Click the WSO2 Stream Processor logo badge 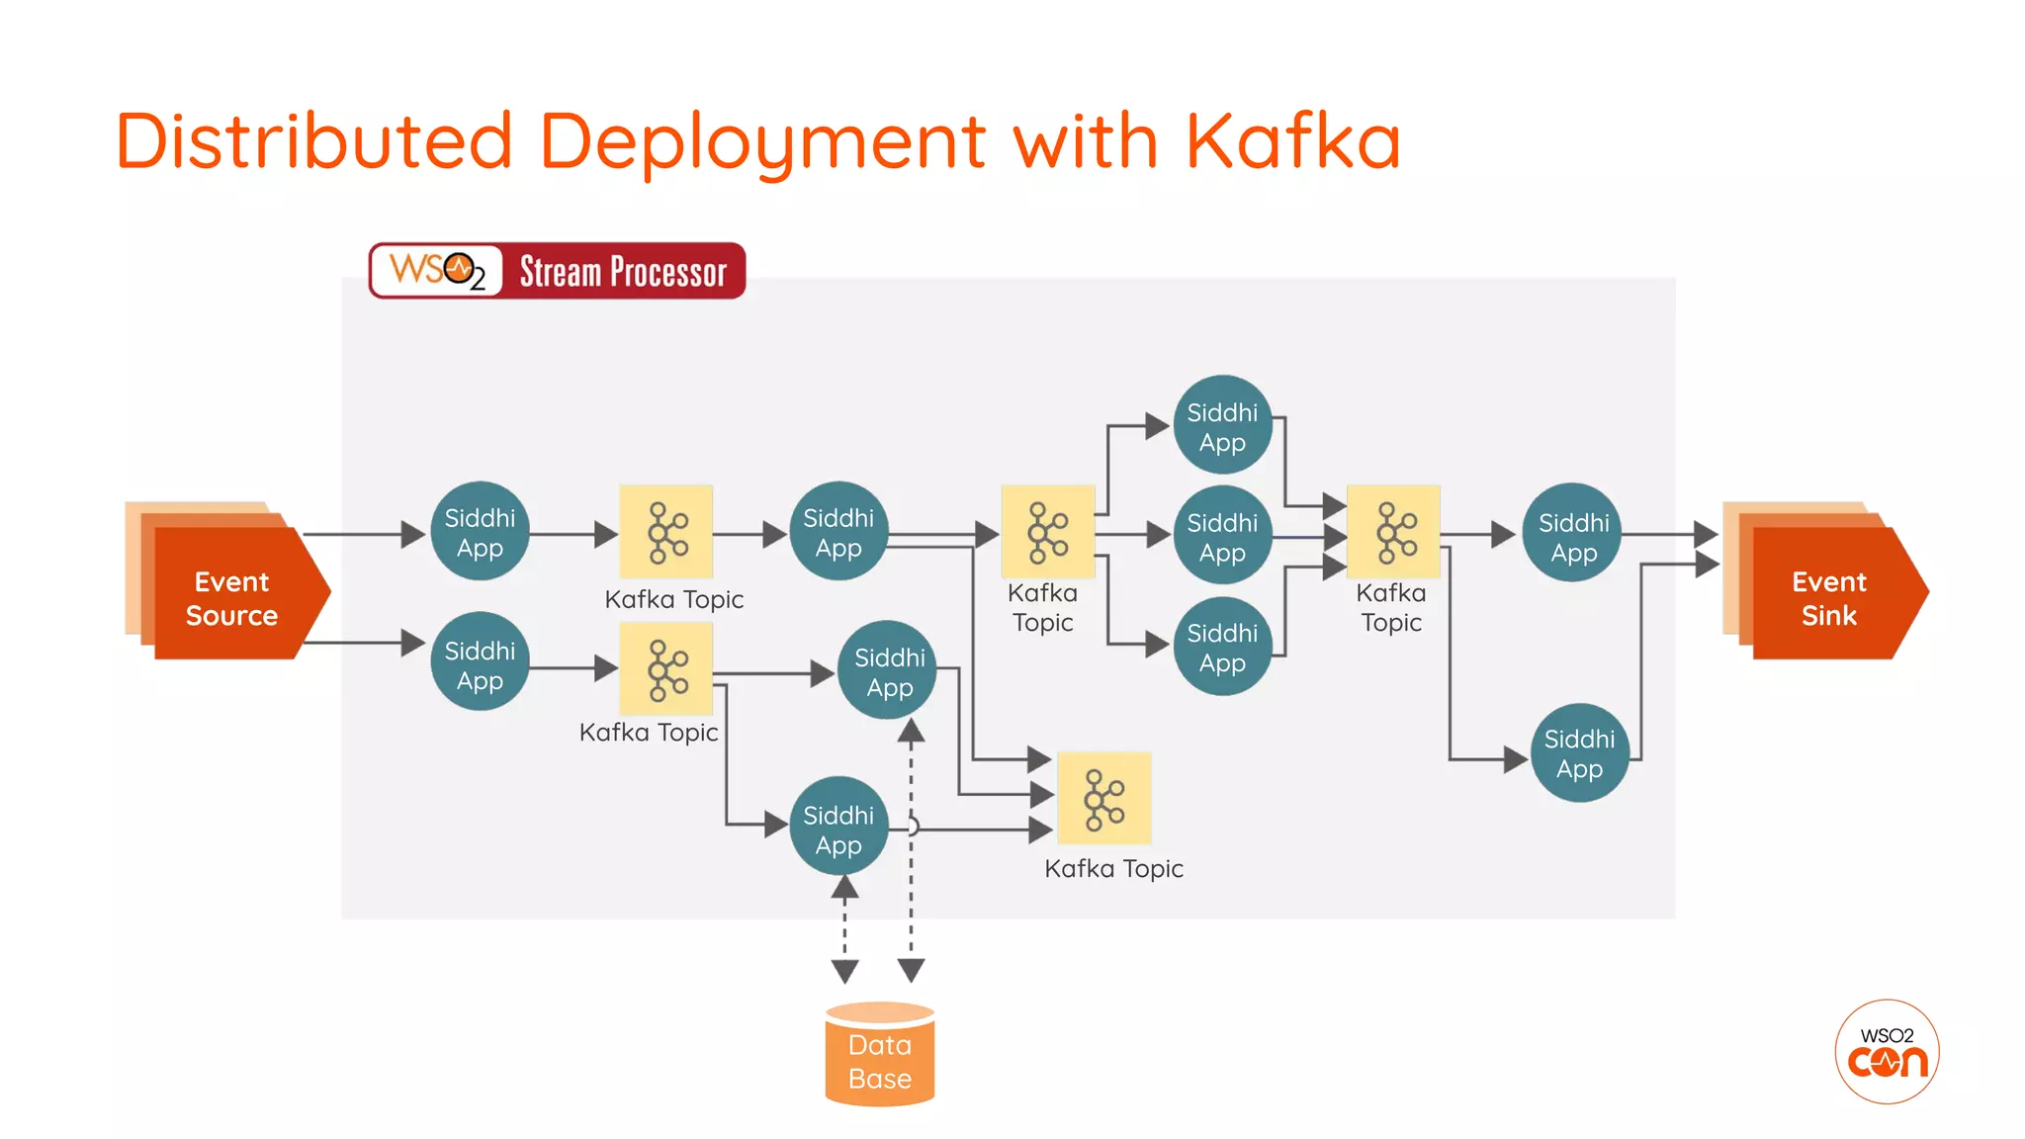pyautogui.click(x=557, y=271)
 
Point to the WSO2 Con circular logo pyautogui.click(x=1887, y=1051)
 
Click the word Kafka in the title pyautogui.click(x=1292, y=140)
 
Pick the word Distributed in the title pyautogui.click(x=313, y=140)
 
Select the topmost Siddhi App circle pyautogui.click(x=1222, y=425)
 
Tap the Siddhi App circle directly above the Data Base pyautogui.click(x=838, y=827)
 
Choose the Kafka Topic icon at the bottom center pyautogui.click(x=1103, y=799)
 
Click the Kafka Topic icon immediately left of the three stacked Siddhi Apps pyautogui.click(x=1047, y=532)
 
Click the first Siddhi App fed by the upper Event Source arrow pyautogui.click(x=480, y=532)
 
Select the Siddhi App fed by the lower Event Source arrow pyautogui.click(x=480, y=662)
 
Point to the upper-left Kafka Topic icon pyautogui.click(x=665, y=532)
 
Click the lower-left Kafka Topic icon pyautogui.click(x=665, y=668)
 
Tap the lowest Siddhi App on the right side pyautogui.click(x=1579, y=752)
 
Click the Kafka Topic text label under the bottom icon pyautogui.click(x=1113, y=869)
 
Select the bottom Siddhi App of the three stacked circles pyautogui.click(x=1222, y=647)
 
